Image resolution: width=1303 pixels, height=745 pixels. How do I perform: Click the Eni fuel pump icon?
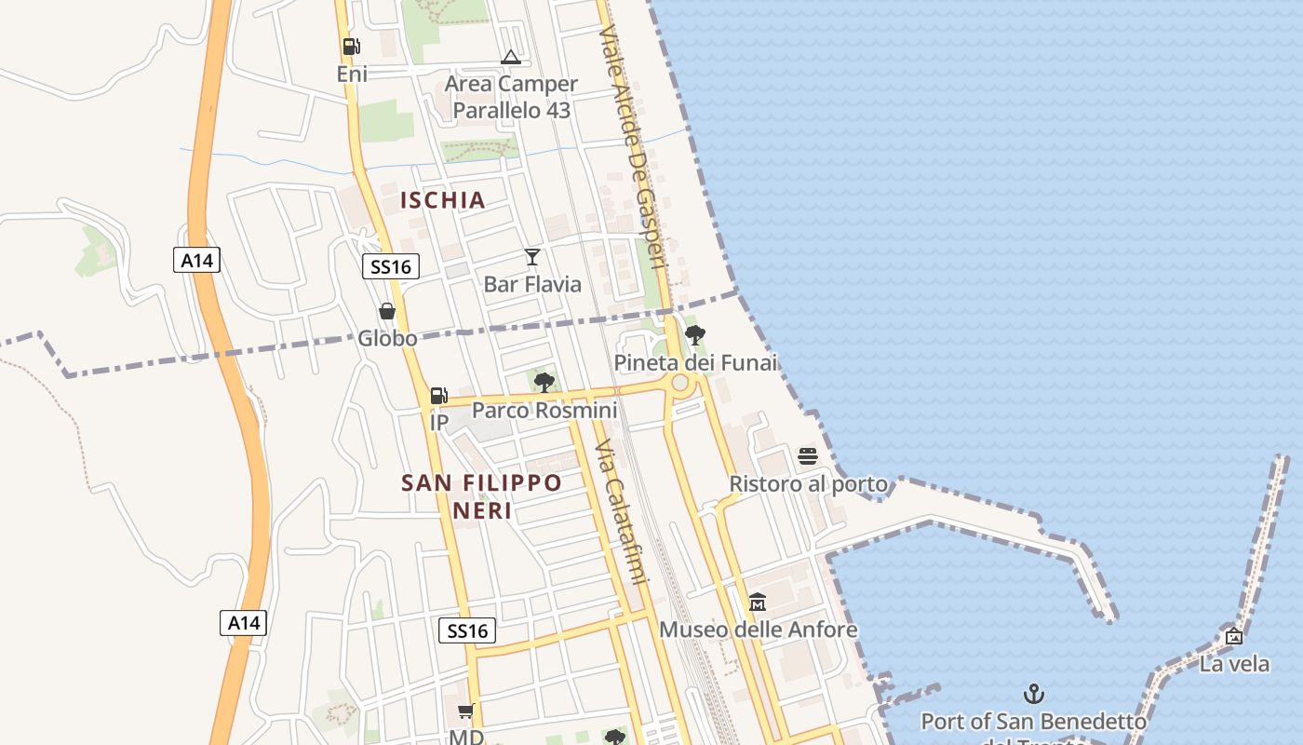click(x=351, y=46)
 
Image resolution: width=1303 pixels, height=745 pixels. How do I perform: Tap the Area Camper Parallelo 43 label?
click(x=511, y=97)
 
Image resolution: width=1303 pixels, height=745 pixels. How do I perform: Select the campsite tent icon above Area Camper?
click(x=510, y=58)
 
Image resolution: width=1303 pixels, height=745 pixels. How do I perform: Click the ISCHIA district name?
click(x=443, y=199)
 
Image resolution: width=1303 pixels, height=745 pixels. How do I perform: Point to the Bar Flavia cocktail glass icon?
click(x=532, y=257)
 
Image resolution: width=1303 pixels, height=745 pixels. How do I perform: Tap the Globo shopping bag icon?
click(x=387, y=311)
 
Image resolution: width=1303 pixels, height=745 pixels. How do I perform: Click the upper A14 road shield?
click(x=196, y=260)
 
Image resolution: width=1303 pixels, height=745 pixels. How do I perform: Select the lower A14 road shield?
click(x=244, y=622)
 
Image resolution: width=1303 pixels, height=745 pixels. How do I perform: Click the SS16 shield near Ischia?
click(x=391, y=267)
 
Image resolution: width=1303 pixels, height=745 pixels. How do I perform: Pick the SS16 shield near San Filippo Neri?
click(x=467, y=630)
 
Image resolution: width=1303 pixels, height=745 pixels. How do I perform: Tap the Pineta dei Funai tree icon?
click(x=694, y=335)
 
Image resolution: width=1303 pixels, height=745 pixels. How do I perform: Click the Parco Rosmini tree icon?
click(x=544, y=382)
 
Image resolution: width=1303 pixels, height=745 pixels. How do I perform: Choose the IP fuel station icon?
click(x=439, y=396)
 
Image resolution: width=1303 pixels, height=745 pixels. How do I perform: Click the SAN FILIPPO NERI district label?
click(x=481, y=496)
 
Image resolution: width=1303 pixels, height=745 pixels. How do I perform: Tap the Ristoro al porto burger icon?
click(x=808, y=456)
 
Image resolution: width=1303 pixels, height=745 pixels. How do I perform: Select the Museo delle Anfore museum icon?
click(x=758, y=602)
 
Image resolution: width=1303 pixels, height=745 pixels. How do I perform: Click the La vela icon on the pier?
click(x=1234, y=636)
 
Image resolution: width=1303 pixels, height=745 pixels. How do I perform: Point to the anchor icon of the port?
click(x=1033, y=694)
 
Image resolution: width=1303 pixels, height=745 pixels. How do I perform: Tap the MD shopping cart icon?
click(x=466, y=711)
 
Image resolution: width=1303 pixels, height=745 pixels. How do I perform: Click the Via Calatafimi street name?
click(x=621, y=512)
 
